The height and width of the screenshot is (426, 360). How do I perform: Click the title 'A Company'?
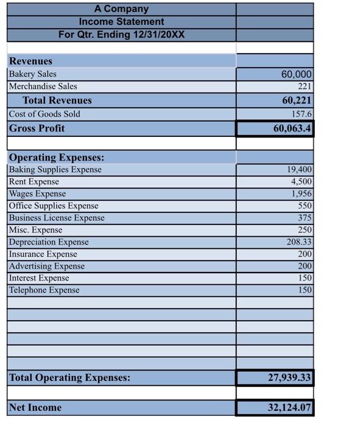coord(121,9)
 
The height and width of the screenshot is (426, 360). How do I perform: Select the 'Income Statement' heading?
coord(121,21)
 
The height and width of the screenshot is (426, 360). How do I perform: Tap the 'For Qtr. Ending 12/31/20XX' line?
coord(121,34)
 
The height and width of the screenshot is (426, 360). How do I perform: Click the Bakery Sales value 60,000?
coord(296,74)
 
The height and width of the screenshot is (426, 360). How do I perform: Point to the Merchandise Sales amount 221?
coord(305,86)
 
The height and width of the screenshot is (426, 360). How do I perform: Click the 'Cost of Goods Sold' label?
coord(44,114)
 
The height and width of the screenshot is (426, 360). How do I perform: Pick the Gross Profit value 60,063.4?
coord(292,128)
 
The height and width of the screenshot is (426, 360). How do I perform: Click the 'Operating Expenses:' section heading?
coord(56,157)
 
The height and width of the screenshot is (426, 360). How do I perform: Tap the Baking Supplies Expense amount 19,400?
coord(298,170)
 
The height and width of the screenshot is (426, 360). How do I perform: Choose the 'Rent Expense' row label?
coord(34,181)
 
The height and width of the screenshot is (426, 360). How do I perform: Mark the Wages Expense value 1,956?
coord(301,194)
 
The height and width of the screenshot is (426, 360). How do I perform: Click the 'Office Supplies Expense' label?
coord(54,206)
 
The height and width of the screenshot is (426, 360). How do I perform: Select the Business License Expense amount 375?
coord(305,218)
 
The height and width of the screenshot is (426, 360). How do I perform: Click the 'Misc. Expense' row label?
coord(35,230)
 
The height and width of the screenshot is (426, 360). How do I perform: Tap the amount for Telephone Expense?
coord(305,290)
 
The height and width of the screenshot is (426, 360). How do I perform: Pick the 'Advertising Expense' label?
coord(47,266)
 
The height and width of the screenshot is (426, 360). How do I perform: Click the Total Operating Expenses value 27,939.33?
coord(289,378)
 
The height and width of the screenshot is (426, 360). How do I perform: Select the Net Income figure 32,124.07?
coord(289,407)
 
